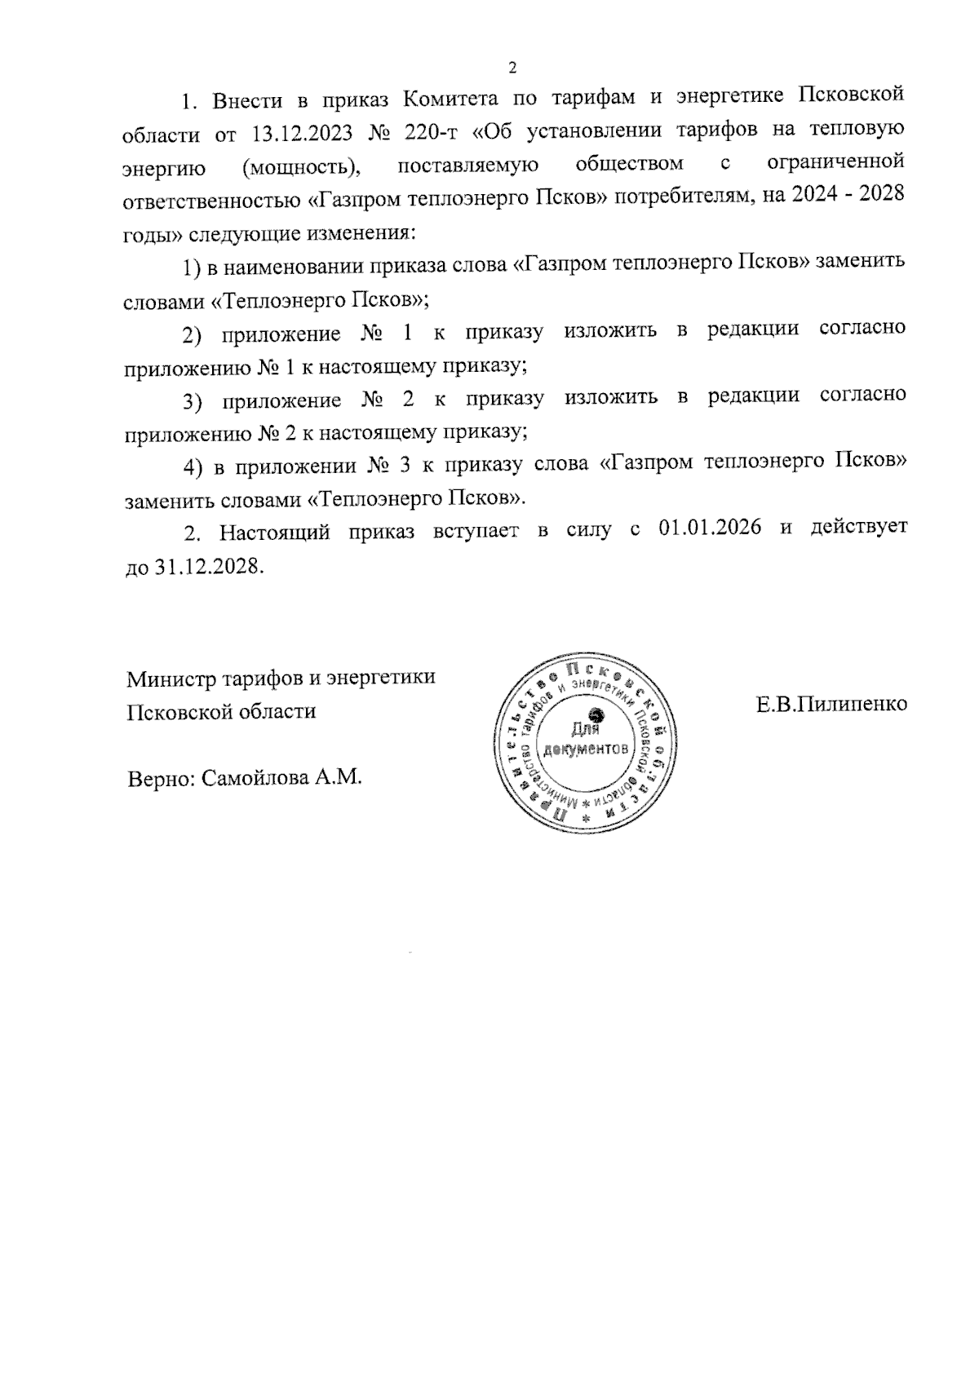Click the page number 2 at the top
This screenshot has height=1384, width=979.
512,68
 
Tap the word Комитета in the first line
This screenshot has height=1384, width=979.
451,99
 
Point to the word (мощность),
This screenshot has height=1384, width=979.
301,167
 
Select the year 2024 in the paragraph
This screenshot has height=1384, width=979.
817,200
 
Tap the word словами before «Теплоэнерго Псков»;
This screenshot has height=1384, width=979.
164,300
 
